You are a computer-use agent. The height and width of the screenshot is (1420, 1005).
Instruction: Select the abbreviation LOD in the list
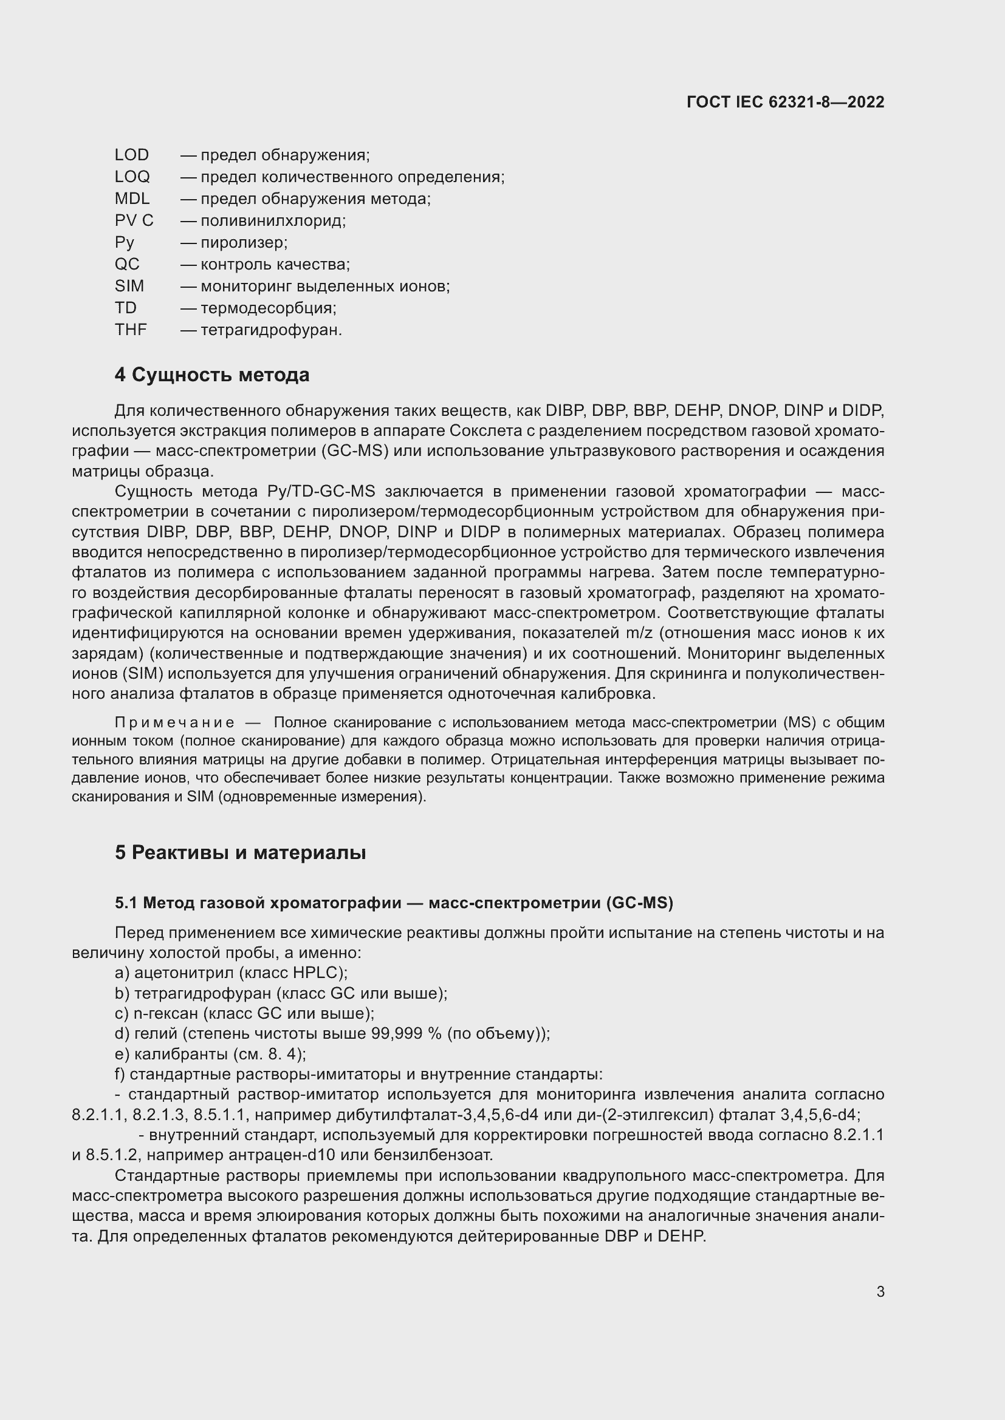(131, 155)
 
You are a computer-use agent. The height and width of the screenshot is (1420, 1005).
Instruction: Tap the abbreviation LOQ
(132, 177)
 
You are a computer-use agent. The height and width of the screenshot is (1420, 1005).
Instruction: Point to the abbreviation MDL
(132, 199)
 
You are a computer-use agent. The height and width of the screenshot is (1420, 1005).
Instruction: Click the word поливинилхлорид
(272, 221)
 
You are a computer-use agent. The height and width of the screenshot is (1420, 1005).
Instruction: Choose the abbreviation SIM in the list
(129, 287)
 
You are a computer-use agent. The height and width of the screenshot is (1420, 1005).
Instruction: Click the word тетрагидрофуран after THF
(270, 330)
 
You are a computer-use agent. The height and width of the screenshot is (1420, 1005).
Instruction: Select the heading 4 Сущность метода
(211, 375)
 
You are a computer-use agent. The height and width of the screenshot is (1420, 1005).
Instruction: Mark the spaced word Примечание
(174, 723)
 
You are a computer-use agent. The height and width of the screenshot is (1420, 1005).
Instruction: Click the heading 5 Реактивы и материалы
(240, 853)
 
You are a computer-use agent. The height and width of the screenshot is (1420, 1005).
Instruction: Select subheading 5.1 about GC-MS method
(394, 903)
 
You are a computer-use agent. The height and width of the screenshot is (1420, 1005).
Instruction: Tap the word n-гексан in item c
(165, 1014)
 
